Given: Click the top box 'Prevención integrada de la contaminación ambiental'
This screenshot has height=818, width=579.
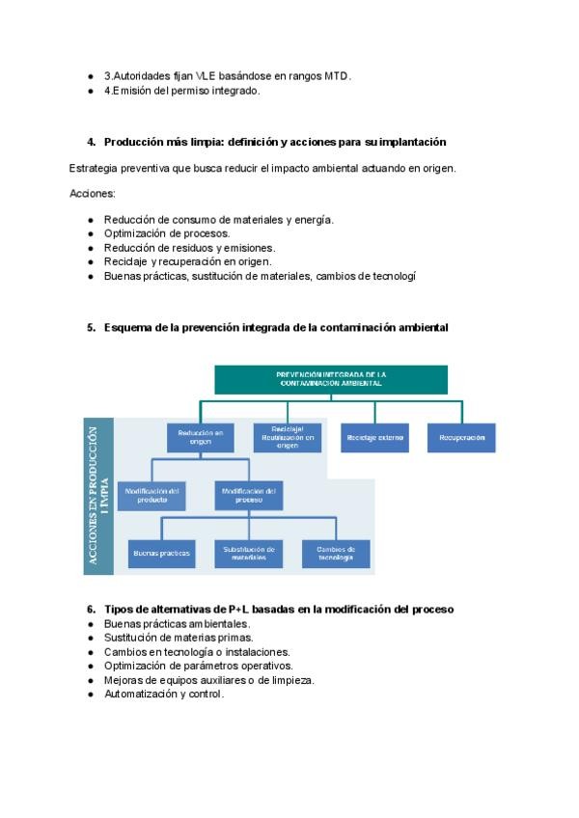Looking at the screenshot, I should [330, 378].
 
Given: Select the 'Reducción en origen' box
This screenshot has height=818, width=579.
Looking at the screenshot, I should [201, 438].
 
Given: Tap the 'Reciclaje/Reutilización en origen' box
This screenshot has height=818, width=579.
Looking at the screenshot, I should [287, 438].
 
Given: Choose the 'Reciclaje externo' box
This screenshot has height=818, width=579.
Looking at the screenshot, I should [374, 438].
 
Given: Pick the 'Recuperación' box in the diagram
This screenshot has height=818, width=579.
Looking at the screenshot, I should [461, 438].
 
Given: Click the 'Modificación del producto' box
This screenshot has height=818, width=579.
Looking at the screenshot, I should [152, 495].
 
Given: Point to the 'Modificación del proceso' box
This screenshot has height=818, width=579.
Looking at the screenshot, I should [249, 495].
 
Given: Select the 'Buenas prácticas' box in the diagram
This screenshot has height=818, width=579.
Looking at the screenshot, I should [161, 553].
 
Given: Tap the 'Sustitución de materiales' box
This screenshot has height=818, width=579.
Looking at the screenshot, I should [249, 553].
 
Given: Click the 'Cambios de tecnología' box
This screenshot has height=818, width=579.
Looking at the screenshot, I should [336, 553].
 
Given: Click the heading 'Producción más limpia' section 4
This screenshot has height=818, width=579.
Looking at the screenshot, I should [274, 142].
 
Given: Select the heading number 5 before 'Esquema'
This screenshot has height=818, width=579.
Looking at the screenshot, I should [91, 328].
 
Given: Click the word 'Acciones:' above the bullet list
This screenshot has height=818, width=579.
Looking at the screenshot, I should [93, 194].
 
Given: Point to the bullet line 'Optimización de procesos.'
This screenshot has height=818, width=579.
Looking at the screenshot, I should [167, 233].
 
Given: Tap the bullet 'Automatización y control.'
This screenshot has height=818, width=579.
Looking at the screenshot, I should [164, 694].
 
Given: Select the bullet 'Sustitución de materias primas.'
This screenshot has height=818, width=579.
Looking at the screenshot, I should [179, 638].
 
